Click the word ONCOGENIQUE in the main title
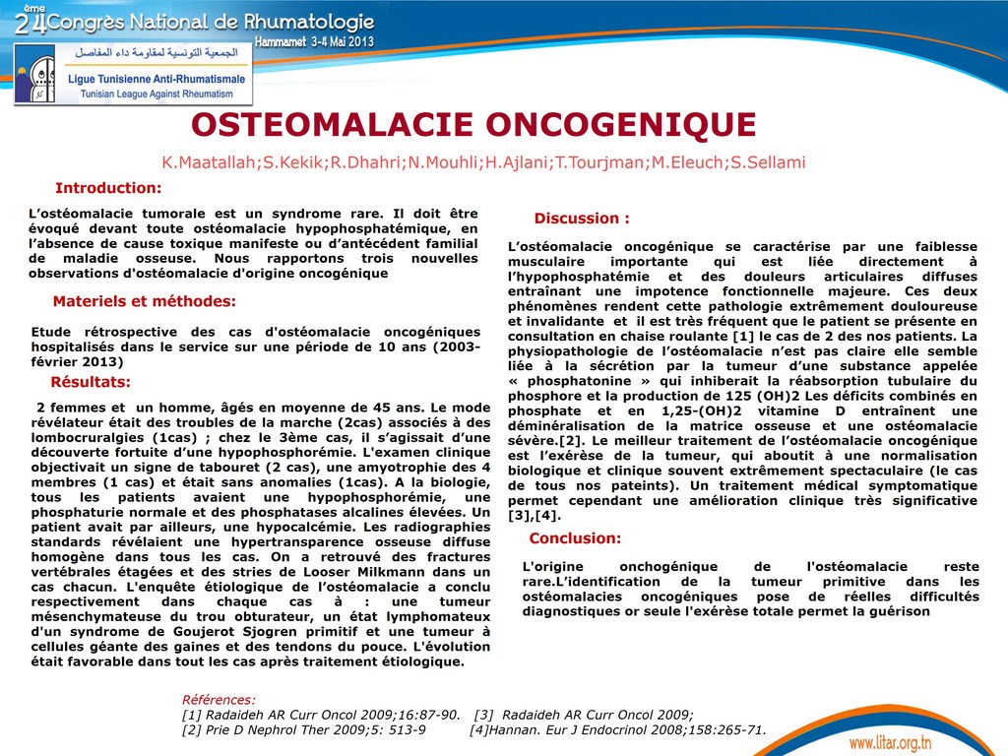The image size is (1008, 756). click(x=621, y=125)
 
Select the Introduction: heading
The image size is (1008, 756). click(x=107, y=188)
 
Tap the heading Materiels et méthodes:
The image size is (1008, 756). click(x=144, y=301)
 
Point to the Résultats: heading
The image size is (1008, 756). click(x=90, y=382)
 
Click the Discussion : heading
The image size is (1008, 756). click(x=581, y=219)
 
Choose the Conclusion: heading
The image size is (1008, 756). click(x=575, y=538)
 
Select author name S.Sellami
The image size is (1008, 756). click(x=767, y=161)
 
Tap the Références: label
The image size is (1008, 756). click(x=219, y=700)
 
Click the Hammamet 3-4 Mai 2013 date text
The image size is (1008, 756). click(x=314, y=42)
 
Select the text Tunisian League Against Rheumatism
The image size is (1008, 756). click(x=150, y=94)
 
